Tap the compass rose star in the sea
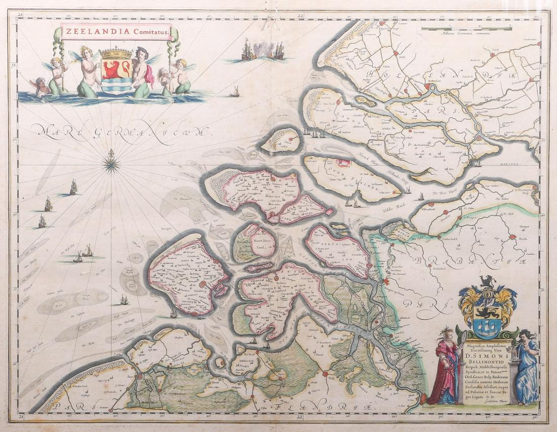(111, 163)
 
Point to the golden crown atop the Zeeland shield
(116, 53)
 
